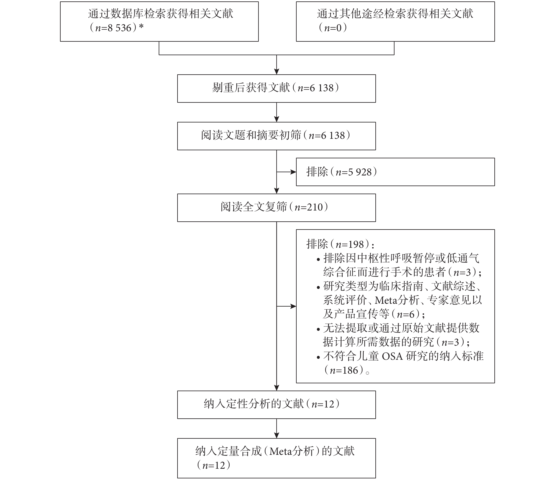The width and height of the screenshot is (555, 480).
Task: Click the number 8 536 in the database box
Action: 119,28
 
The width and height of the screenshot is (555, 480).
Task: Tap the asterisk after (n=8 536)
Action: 141,27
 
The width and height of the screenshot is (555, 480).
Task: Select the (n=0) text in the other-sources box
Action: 333,28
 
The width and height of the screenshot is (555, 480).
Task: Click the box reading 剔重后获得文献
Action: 276,88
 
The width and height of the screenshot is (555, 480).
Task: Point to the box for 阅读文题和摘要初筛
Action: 276,136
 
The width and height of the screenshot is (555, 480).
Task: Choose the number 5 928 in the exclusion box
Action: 360,172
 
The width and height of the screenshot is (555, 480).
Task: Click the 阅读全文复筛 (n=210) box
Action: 276,208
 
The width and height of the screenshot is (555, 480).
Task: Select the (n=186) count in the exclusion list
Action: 345,370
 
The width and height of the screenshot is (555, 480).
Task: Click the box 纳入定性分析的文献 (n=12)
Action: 276,405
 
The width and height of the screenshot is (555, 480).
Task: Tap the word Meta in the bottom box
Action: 281,452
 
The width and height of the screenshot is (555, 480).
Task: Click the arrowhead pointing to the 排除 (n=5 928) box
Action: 294,172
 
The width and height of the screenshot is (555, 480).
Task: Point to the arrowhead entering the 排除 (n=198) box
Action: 294,306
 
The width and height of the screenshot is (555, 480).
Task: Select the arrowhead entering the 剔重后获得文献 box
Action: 277,72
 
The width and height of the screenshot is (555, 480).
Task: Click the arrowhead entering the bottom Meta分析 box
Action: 277,435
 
